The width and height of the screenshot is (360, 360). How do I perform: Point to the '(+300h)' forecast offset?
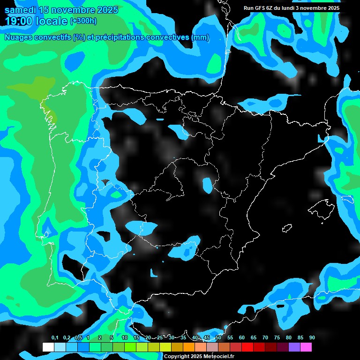click(x=83, y=21)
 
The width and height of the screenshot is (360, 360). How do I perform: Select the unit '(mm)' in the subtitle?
click(x=200, y=37)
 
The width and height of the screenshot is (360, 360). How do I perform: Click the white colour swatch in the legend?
click(x=48, y=347)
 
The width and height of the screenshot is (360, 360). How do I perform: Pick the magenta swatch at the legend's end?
click(x=306, y=347)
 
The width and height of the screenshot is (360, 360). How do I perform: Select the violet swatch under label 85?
click(x=294, y=347)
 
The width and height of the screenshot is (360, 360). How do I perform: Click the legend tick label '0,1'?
click(x=55, y=337)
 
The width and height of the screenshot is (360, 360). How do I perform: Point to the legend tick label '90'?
click(x=312, y=337)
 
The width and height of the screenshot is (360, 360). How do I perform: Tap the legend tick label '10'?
click(x=125, y=337)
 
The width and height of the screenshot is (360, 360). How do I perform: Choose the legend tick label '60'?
click(x=242, y=337)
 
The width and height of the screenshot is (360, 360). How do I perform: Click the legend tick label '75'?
click(x=277, y=337)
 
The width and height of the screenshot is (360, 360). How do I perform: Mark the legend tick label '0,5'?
click(x=78, y=337)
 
